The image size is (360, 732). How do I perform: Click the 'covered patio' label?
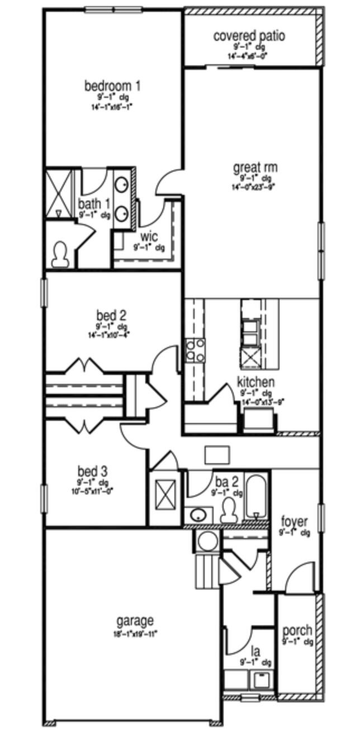pyautogui.click(x=249, y=36)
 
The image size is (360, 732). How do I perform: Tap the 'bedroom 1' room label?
pyautogui.click(x=112, y=86)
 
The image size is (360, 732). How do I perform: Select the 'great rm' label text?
pyautogui.click(x=255, y=167)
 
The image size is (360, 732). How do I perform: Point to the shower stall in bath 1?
pyautogui.click(x=59, y=193)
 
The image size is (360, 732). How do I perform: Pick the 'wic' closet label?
pyautogui.click(x=149, y=236)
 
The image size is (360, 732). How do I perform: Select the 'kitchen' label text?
pyautogui.click(x=255, y=382)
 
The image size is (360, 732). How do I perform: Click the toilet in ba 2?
pyautogui.click(x=229, y=510)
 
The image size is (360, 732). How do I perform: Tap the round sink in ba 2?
pyautogui.click(x=197, y=515)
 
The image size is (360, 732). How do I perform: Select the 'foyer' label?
pyautogui.click(x=294, y=522)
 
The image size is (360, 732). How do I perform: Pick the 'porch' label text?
pyautogui.click(x=297, y=630)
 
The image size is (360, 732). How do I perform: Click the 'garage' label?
pyautogui.click(x=135, y=621)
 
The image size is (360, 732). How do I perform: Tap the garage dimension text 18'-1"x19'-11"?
pyautogui.click(x=135, y=634)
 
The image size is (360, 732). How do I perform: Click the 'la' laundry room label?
pyautogui.click(x=255, y=651)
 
